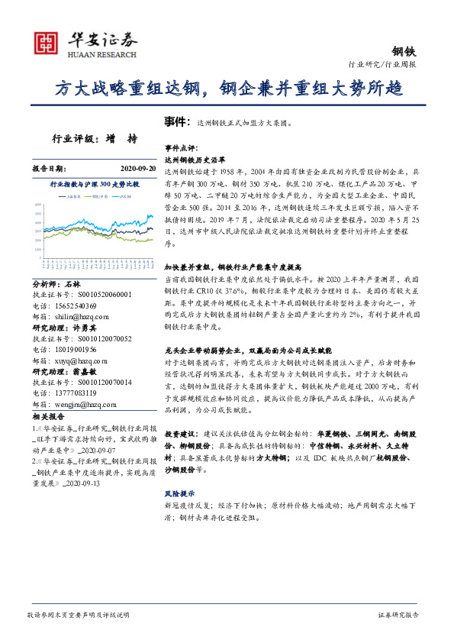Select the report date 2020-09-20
coord(137,168)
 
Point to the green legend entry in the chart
coord(123,196)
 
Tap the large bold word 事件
coord(176,121)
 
